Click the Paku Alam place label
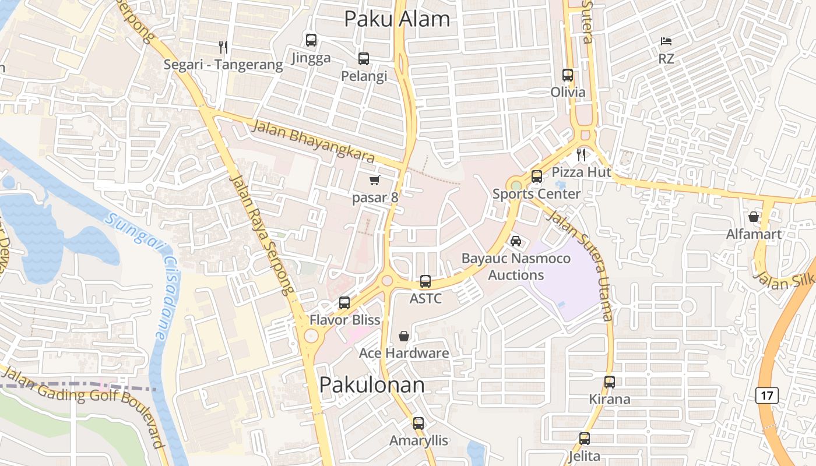pyautogui.click(x=397, y=19)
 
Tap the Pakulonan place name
pyautogui.click(x=372, y=385)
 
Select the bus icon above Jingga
pyautogui.click(x=311, y=40)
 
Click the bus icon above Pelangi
pyautogui.click(x=364, y=59)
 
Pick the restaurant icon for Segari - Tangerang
pyautogui.click(x=223, y=47)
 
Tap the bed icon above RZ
pyautogui.click(x=666, y=41)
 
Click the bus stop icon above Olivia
pyautogui.click(x=568, y=75)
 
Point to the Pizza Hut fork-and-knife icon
pyautogui.click(x=581, y=155)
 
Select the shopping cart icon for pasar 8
pyautogui.click(x=375, y=180)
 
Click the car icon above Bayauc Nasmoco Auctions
pyautogui.click(x=515, y=241)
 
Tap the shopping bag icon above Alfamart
pyautogui.click(x=754, y=217)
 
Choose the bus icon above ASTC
pyautogui.click(x=425, y=281)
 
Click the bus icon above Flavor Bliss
pyautogui.click(x=344, y=303)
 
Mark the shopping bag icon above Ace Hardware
pyautogui.click(x=403, y=336)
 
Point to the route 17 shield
pyautogui.click(x=767, y=396)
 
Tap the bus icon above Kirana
pyautogui.click(x=610, y=382)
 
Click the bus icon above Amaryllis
pyautogui.click(x=418, y=423)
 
